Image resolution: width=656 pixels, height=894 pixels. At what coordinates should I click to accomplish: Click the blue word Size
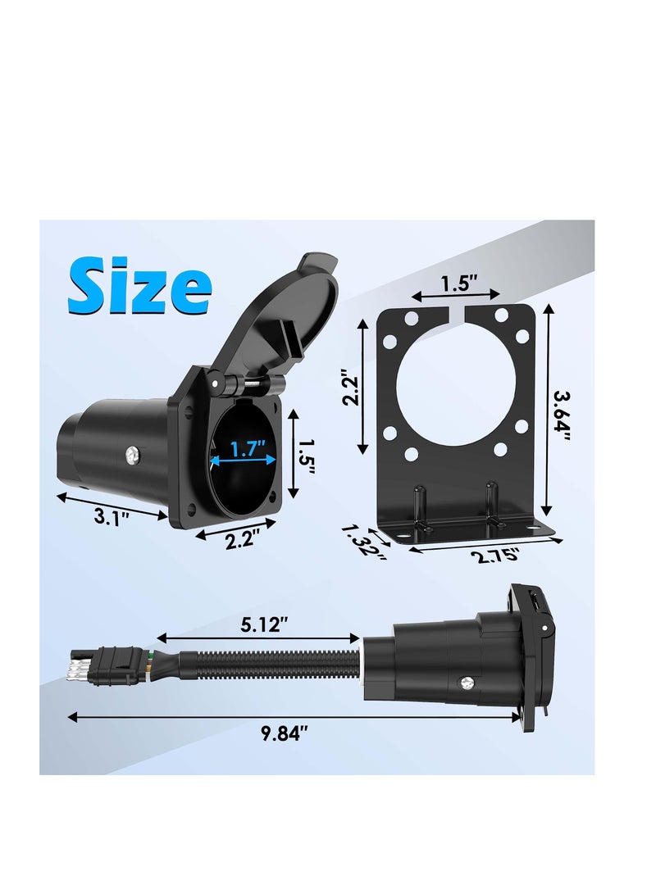tap(139, 284)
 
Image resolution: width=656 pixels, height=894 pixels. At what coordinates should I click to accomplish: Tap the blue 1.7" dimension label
tap(247, 449)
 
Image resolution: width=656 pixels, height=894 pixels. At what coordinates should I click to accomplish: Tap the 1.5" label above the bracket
tap(456, 284)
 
